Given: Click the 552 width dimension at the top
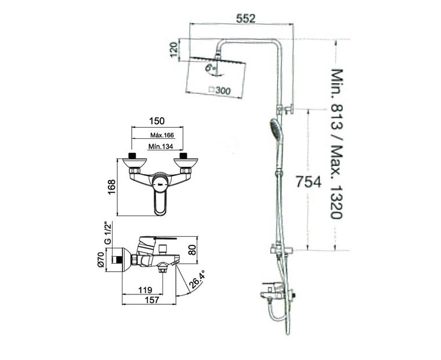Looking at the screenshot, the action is (245, 19).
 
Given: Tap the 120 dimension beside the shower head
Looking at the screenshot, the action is (174, 49).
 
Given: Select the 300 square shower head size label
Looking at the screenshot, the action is (221, 91).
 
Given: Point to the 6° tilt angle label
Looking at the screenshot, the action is (211, 67).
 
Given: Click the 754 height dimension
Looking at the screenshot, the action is (308, 182).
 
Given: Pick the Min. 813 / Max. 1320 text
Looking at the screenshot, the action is (336, 143).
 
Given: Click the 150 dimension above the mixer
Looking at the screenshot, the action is (157, 121).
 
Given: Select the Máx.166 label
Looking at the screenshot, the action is (162, 135).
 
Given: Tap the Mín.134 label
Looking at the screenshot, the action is (161, 146).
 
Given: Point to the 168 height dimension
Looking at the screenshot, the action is (111, 187).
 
